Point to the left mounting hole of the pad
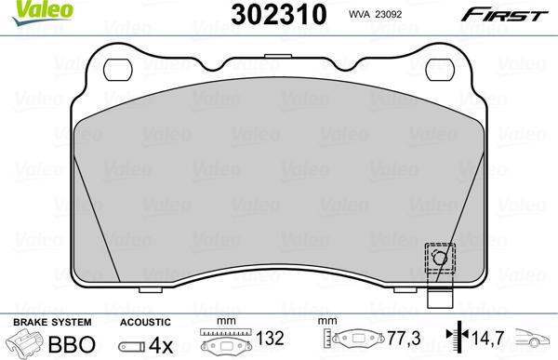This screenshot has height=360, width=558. [x=119, y=69]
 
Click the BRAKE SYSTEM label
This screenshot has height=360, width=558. [x=42, y=321]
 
